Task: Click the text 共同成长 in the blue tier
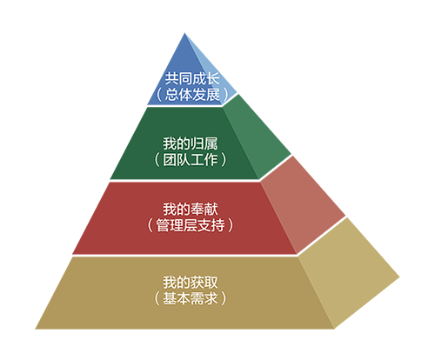point(192,78)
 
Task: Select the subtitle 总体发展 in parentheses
point(192,94)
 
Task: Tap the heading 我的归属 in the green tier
point(190,143)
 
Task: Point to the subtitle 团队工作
point(190,160)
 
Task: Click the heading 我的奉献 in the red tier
point(190,209)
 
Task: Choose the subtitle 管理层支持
point(191,225)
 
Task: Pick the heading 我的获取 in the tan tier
point(190,282)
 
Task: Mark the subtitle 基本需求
point(190,298)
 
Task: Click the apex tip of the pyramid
point(184,33)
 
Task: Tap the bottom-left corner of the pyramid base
point(36,329)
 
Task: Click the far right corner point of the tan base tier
point(399,277)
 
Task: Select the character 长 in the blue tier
point(213,78)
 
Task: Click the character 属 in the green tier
point(211,143)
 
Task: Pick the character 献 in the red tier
point(211,209)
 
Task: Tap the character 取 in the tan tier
point(211,282)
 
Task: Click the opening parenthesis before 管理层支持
point(150,225)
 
